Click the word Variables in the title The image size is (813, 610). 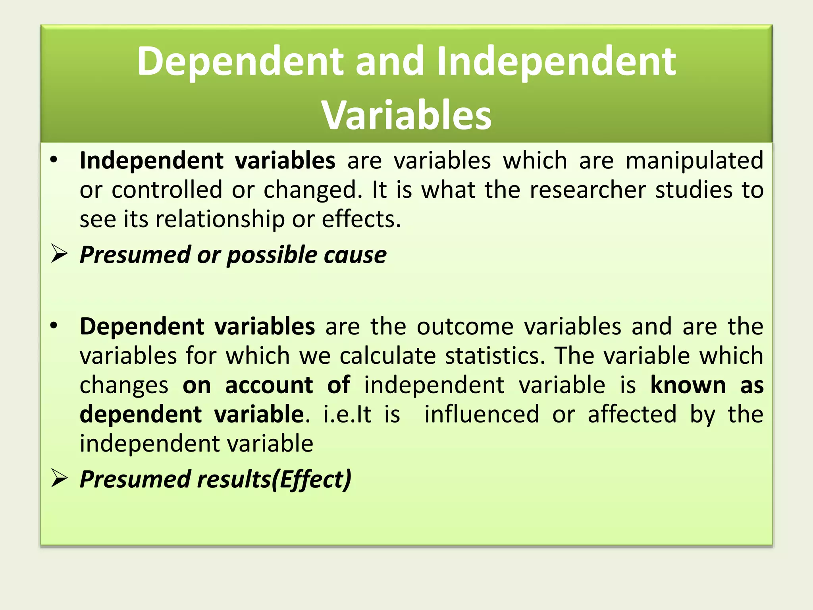pos(406,115)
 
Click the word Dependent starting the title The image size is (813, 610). pos(240,61)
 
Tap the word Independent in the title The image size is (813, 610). pos(556,61)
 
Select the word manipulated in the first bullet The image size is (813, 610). pos(694,160)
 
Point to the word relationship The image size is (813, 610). pos(220,219)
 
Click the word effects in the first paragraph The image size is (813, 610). pos(361,219)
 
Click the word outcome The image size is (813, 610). pos(465,326)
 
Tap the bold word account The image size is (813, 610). pos(269,385)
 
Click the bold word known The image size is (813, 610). pos(688,385)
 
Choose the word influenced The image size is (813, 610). pos(482,414)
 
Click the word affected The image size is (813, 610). pos(632,414)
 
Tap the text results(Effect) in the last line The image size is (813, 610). pos(274,479)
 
